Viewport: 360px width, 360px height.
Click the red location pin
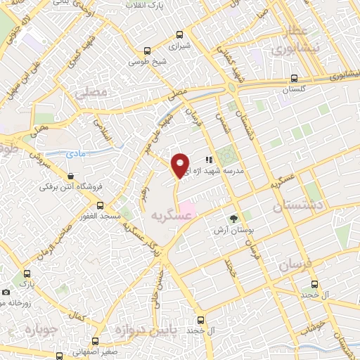[x=180, y=165]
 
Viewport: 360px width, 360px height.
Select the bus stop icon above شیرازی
[x=180, y=34]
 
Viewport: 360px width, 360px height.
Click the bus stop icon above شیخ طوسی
[x=147, y=51]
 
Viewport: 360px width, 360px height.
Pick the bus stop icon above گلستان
[x=294, y=79]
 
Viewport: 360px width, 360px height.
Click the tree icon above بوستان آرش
[x=233, y=218]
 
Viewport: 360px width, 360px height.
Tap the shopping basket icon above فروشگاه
[x=70, y=176]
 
